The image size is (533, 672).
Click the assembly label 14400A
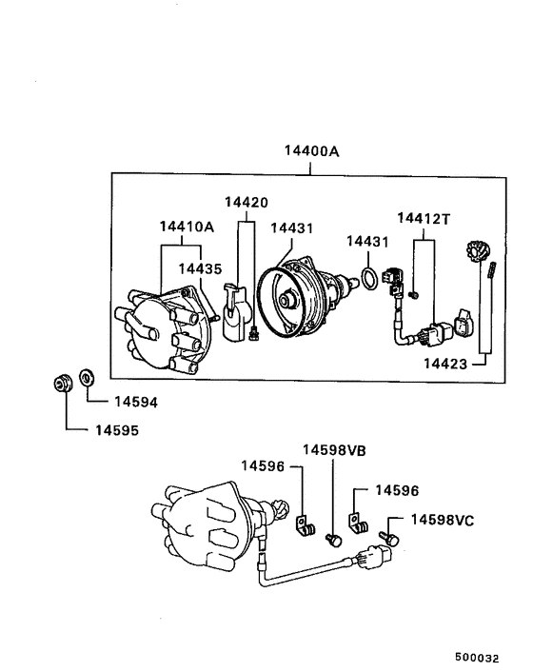(310, 151)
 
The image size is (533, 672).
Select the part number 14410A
(186, 227)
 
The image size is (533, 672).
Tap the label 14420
(247, 202)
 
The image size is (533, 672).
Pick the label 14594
(135, 402)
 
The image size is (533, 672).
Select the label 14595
(116, 430)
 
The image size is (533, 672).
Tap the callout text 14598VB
(334, 449)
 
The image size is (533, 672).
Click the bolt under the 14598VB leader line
(333, 539)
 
